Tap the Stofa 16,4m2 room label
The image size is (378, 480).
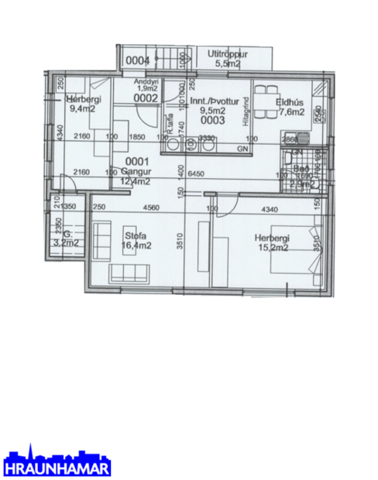tap(136, 241)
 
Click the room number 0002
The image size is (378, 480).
tap(145, 98)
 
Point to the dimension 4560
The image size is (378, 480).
tap(151, 207)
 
